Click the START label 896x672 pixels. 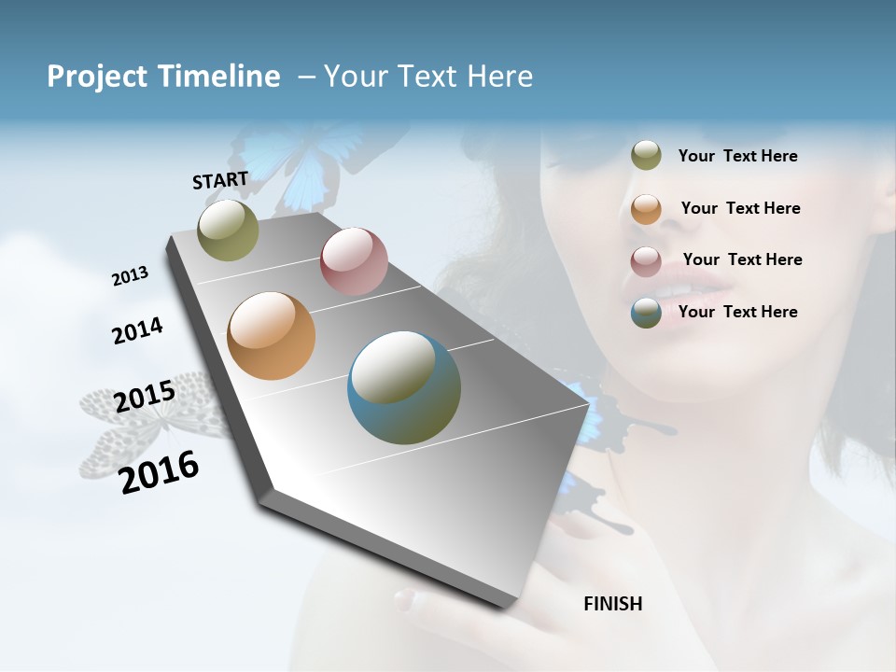220,180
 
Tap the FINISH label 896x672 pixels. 613,604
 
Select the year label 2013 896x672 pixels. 130,276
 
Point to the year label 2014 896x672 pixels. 137,330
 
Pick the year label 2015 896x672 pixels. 145,397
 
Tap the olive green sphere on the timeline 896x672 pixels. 228,230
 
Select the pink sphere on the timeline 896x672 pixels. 354,261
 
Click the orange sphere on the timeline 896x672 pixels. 271,336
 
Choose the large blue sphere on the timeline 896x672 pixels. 404,387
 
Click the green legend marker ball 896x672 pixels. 646,155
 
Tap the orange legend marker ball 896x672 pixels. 646,209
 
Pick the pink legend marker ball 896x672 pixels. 646,261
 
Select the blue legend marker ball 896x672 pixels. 646,313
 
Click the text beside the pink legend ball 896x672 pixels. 742,259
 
